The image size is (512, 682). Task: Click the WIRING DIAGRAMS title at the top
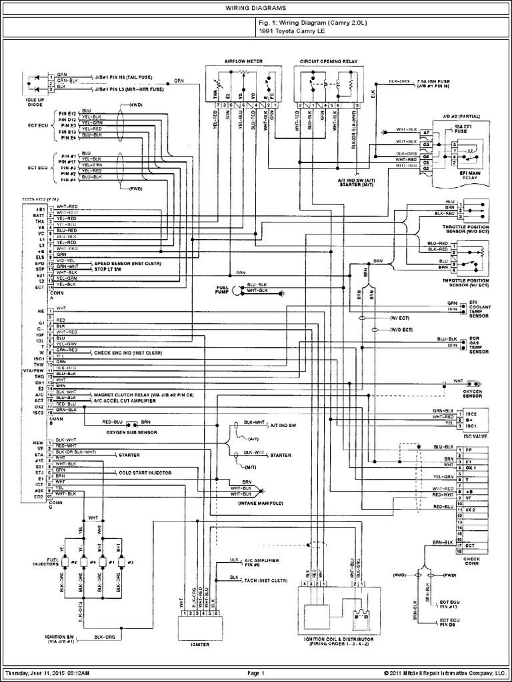click(x=257, y=7)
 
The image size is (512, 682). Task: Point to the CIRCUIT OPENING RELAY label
click(x=329, y=60)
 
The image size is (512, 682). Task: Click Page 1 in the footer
click(x=257, y=673)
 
